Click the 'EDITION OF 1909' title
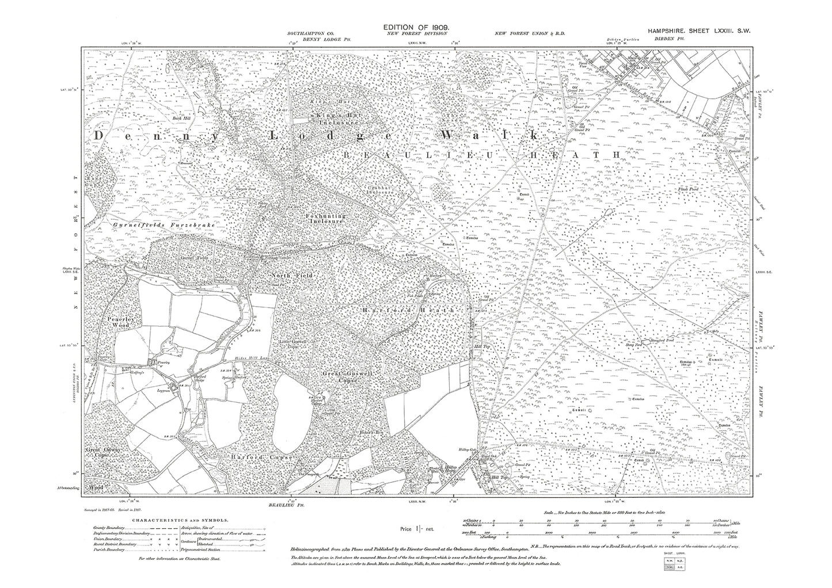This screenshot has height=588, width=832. (x=419, y=28)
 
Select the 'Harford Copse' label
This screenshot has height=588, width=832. (x=266, y=457)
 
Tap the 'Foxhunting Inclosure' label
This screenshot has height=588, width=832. (x=325, y=218)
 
